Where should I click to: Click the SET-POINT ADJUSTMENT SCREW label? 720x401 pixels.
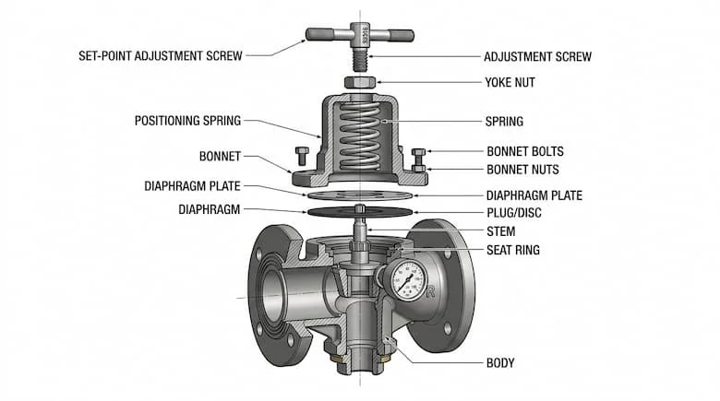pyautogui.click(x=161, y=55)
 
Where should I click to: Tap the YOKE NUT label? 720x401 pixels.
pyautogui.click(x=510, y=82)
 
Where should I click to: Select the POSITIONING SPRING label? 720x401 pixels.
pyautogui.click(x=187, y=121)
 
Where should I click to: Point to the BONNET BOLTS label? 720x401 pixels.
pyautogui.click(x=524, y=151)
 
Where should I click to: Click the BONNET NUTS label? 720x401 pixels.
pyautogui.click(x=522, y=170)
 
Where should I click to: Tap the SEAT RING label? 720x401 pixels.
pyautogui.click(x=513, y=250)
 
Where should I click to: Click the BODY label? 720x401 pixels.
pyautogui.click(x=500, y=363)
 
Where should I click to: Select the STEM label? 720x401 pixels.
pyautogui.click(x=501, y=231)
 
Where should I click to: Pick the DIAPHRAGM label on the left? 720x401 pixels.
pyautogui.click(x=209, y=210)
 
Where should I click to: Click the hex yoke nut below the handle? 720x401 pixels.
pyautogui.click(x=358, y=83)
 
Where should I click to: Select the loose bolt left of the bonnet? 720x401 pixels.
pyautogui.click(x=300, y=153)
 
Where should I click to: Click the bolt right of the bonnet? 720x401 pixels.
pyautogui.click(x=418, y=157)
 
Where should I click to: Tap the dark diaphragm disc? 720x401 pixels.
pyautogui.click(x=358, y=212)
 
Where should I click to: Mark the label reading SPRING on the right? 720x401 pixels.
pyautogui.click(x=504, y=121)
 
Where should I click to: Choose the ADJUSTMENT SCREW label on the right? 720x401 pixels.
pyautogui.click(x=537, y=56)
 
